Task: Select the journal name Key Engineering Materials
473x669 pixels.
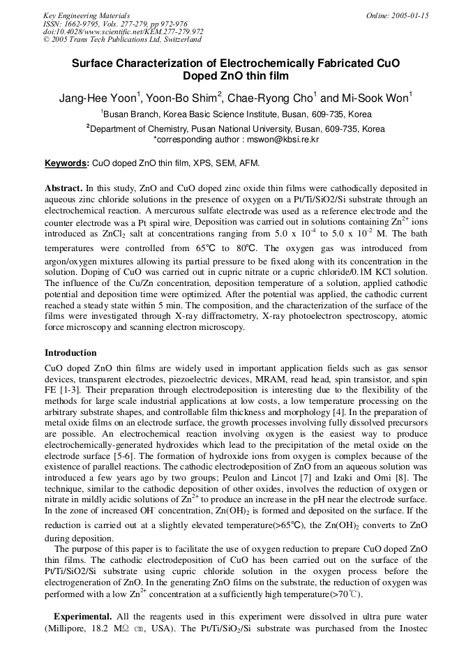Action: click(x=86, y=15)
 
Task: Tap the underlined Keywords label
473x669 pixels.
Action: click(x=66, y=163)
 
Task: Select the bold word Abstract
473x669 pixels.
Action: click(x=63, y=188)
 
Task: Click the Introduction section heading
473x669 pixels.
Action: click(x=70, y=353)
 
